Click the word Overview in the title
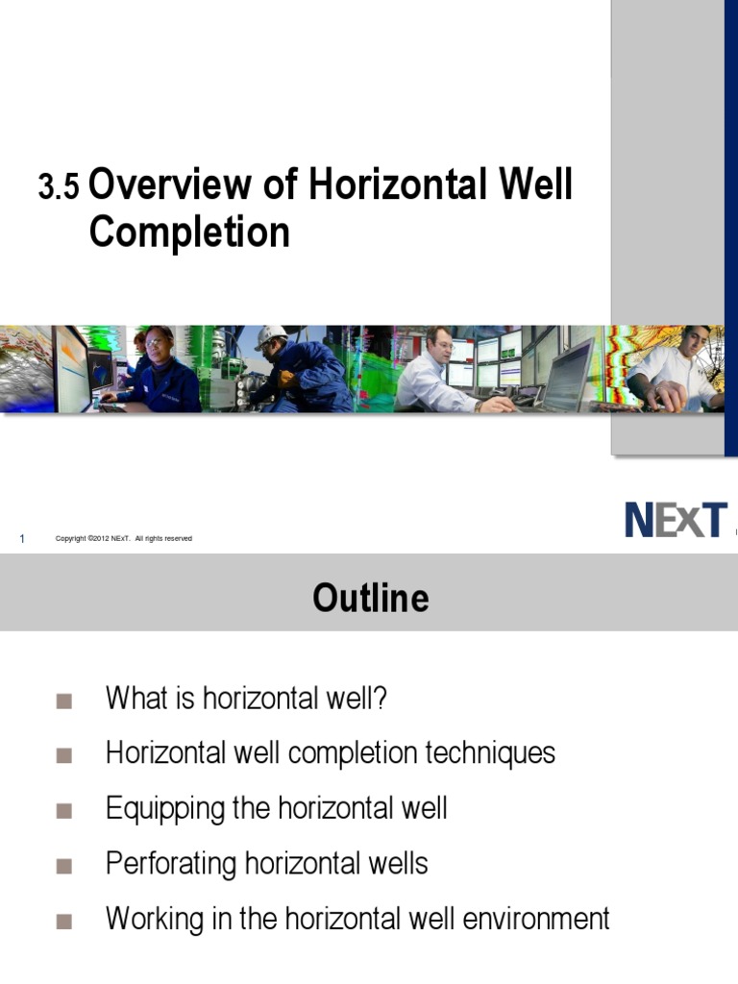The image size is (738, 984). coord(174,184)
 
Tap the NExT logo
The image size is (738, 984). coord(676,521)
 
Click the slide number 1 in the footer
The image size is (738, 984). coord(21,539)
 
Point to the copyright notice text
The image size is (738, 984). coord(124,539)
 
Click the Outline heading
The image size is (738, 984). coord(370,598)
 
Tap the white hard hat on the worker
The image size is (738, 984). coord(271,337)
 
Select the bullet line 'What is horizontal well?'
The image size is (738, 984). coord(246,698)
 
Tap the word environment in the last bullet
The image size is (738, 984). coord(537,919)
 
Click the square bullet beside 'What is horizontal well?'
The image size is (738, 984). coord(64,700)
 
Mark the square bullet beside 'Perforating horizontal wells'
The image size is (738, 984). coord(64,866)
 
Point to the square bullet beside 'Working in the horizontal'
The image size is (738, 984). coord(64,921)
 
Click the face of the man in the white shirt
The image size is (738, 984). coord(694,342)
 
